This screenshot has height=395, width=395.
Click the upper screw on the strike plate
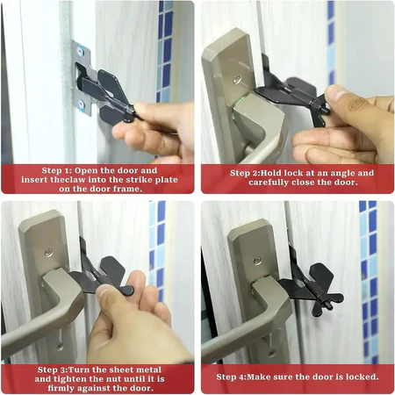pyautogui.click(x=81, y=52)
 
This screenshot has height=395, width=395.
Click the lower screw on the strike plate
pyautogui.click(x=82, y=104)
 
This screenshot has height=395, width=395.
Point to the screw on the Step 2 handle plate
pyautogui.click(x=237, y=79)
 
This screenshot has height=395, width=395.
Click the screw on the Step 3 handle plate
pyautogui.click(x=48, y=253)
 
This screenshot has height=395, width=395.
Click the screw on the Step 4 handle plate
pyautogui.click(x=258, y=261)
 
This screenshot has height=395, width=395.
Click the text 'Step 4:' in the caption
pyautogui.click(x=231, y=377)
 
